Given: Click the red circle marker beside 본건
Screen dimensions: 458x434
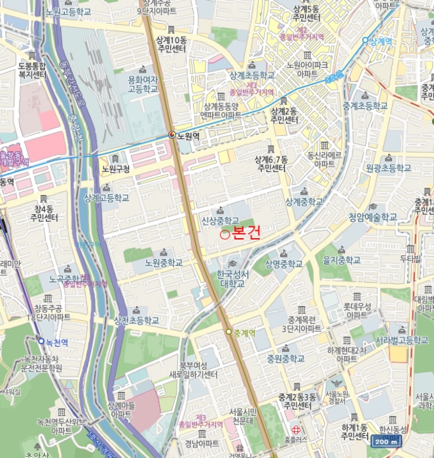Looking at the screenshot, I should click(225, 234).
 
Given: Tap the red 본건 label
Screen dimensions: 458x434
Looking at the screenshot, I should click(246, 234).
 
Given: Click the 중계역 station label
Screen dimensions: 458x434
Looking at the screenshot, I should click(244, 332).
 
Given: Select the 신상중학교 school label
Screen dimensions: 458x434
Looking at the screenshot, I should click(220, 220).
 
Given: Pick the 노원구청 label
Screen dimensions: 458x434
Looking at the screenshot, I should click(117, 169).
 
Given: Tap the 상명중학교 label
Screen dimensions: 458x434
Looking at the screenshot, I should click(283, 264).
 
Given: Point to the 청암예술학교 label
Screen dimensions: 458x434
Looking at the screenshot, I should click(372, 217).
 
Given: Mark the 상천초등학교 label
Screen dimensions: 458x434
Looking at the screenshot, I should click(136, 321).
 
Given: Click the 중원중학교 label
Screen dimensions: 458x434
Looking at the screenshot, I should click(285, 359).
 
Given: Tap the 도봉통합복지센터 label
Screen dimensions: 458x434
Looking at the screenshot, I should click(31, 70).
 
